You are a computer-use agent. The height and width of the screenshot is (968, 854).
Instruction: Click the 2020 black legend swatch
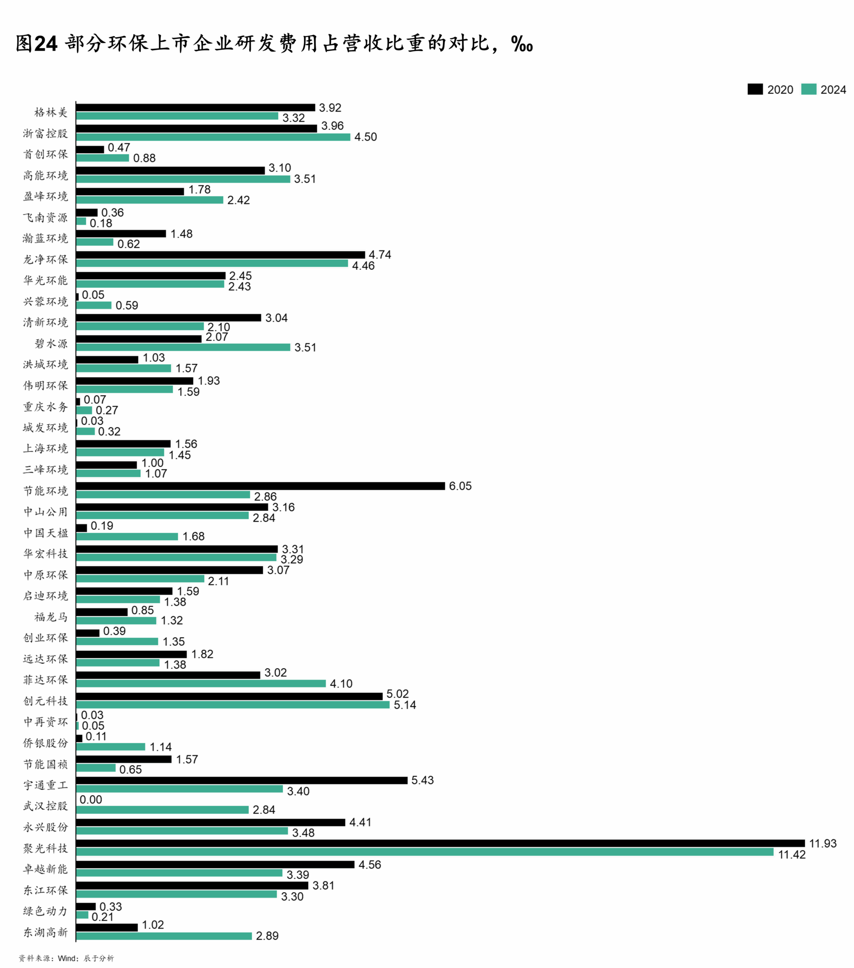(755, 89)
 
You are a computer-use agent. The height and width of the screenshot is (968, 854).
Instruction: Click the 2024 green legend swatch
(809, 89)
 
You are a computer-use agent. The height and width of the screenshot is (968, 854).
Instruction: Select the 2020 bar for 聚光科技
(441, 843)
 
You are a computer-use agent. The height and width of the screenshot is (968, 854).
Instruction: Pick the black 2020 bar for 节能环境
(260, 486)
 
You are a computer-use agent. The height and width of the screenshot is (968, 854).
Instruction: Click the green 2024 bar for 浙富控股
(213, 137)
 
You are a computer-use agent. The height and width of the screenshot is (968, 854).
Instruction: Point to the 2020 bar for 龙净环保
(221, 255)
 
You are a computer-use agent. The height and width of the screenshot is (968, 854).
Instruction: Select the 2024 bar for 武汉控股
(162, 810)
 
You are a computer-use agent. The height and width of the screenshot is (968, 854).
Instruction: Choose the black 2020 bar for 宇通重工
(242, 781)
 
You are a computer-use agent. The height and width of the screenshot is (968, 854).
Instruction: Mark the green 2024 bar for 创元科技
(233, 704)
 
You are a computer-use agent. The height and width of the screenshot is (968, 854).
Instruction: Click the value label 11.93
(823, 843)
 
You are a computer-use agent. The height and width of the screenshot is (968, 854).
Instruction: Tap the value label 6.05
(460, 486)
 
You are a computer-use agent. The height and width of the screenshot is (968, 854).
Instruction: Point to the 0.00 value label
(91, 800)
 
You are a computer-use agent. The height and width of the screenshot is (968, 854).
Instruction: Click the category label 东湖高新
(45, 933)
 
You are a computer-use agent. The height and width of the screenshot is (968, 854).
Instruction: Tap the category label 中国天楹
(45, 533)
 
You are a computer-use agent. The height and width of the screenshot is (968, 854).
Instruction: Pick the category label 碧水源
(51, 344)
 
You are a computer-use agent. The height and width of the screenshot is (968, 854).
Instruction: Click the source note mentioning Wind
(66, 958)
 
